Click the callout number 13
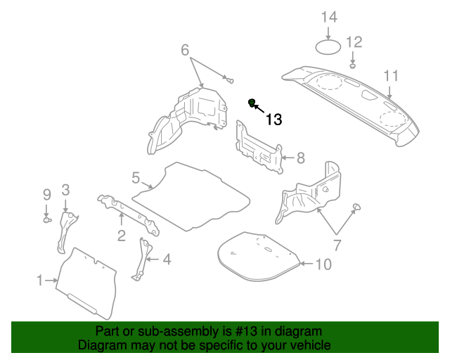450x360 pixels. pos(274,120)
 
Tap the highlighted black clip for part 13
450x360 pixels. pos(252,104)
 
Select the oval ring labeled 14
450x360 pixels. pos(328,48)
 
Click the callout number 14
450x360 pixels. pos(329,17)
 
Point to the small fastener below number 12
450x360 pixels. pos(353,65)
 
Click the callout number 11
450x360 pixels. pos(390,76)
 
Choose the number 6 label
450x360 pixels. pos(185,50)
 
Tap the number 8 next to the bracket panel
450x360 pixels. pos(300,158)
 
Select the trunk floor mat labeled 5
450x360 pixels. pos(191,195)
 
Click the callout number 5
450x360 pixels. pos(136,178)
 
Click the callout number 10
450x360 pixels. pos(322,265)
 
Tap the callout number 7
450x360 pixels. pos(336,245)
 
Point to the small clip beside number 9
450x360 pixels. pos(46,220)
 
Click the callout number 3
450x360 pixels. pos(65,189)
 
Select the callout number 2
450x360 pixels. pos(121,236)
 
